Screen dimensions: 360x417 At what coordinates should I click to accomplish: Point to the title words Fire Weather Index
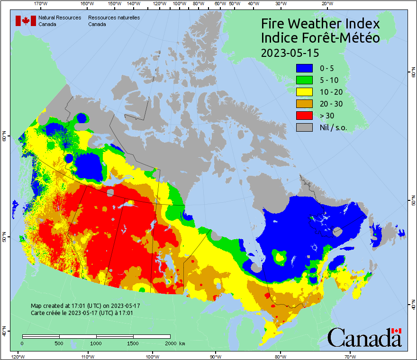[320, 24]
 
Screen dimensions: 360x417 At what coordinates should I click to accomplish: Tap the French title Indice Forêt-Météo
[320, 38]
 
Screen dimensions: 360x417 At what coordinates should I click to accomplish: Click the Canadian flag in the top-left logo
[26, 21]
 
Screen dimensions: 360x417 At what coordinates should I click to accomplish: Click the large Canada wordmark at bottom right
[364, 337]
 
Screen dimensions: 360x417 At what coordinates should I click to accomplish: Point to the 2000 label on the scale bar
[170, 343]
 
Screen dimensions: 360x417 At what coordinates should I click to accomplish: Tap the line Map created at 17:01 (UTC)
[85, 306]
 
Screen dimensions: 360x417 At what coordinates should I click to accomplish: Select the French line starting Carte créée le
[82, 313]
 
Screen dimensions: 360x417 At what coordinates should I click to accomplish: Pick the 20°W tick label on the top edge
[326, 4]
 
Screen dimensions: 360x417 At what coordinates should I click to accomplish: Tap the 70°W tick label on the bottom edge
[350, 356]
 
